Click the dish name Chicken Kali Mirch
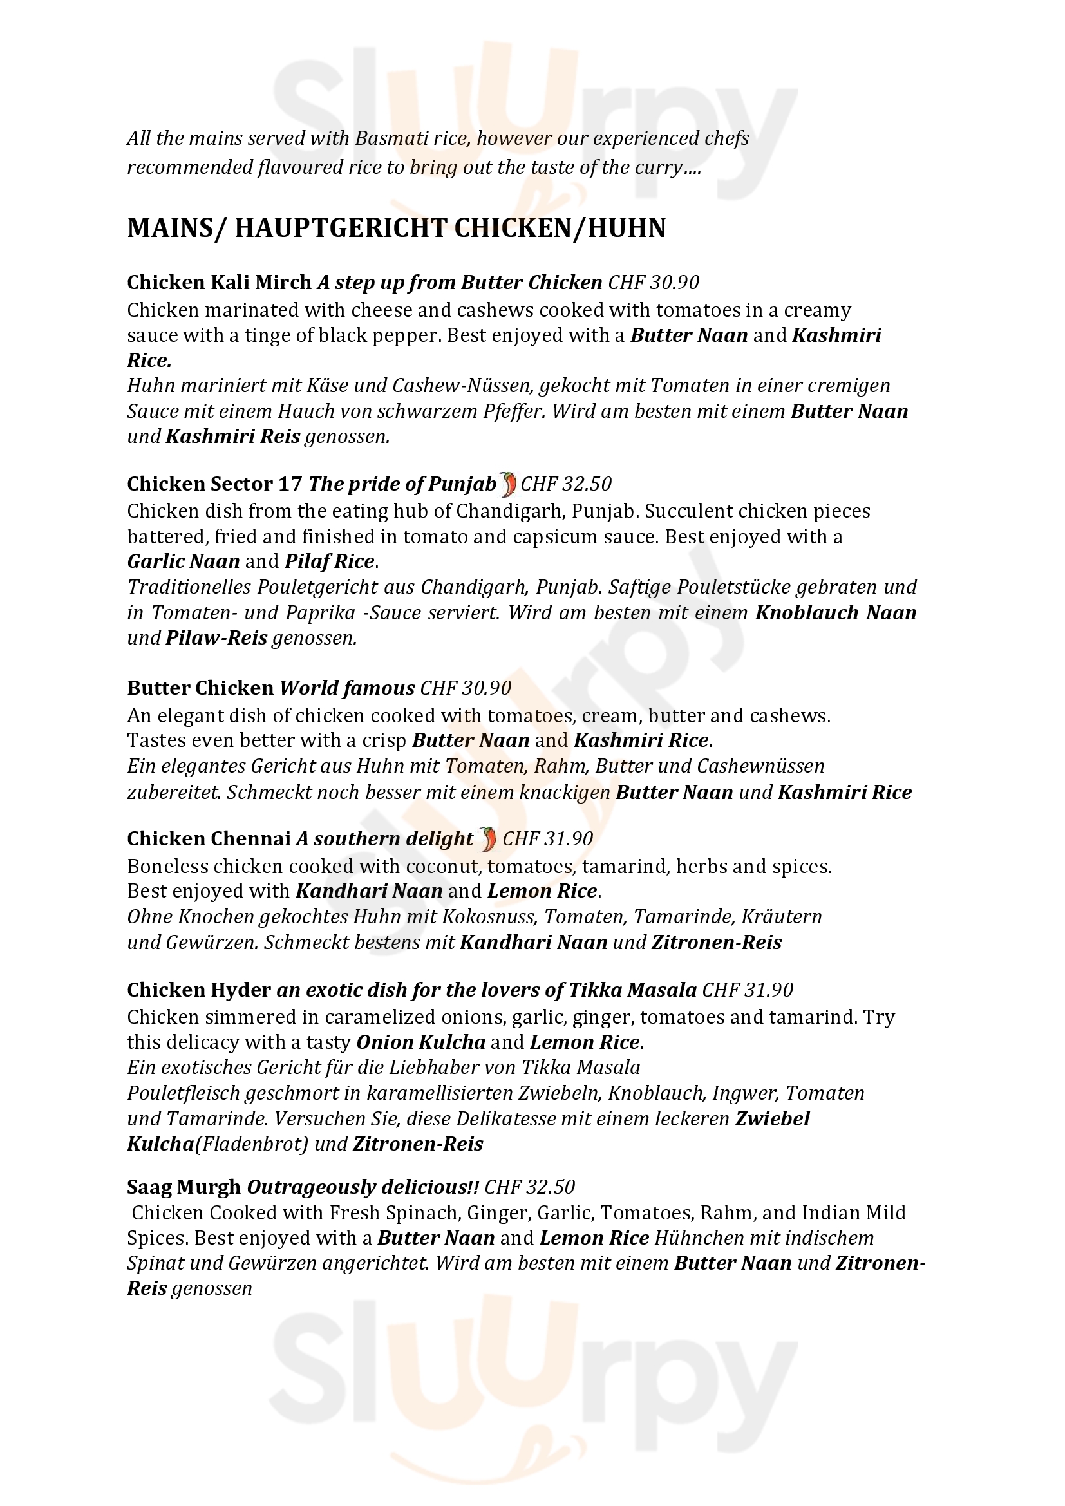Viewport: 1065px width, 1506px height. [x=219, y=282]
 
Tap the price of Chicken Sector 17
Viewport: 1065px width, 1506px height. [x=565, y=484]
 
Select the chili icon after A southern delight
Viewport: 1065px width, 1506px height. [x=488, y=839]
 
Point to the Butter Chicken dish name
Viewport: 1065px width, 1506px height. [x=200, y=688]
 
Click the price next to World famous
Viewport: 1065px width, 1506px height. [x=466, y=688]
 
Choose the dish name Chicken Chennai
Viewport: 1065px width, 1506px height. [x=209, y=839]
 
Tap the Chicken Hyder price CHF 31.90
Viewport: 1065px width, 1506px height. [x=748, y=990]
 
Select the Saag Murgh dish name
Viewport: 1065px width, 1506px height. [x=184, y=1187]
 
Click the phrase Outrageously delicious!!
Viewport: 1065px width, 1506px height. [x=363, y=1187]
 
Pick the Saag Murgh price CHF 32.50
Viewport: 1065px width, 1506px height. [x=529, y=1187]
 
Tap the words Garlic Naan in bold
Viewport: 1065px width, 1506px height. [x=184, y=561]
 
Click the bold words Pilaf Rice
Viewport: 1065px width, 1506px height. [x=329, y=561]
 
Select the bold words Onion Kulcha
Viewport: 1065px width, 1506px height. [x=420, y=1042]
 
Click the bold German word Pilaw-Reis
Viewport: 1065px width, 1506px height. [x=216, y=638]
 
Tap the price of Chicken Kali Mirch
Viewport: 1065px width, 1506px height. [x=653, y=282]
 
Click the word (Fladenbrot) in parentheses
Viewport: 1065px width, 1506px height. [x=252, y=1144]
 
